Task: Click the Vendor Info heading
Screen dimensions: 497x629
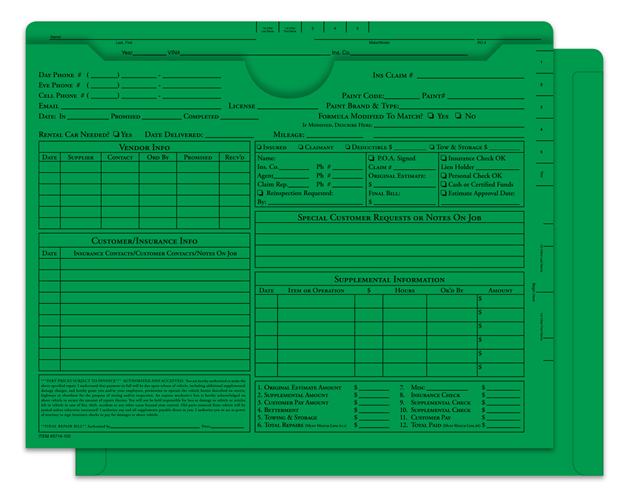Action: coord(144,147)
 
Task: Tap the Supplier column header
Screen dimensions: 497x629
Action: coord(80,158)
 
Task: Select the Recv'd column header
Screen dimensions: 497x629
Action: coord(234,158)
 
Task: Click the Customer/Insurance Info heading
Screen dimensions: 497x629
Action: coord(144,241)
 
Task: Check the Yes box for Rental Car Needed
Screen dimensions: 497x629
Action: coord(117,135)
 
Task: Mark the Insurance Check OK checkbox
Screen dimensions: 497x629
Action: coord(444,158)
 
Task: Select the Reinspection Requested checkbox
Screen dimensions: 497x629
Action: coord(260,193)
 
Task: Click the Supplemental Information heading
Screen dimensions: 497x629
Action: coord(389,280)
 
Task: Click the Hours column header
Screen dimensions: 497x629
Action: coord(405,290)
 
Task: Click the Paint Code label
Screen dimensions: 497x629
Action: coord(363,96)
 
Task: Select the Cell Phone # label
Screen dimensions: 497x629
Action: coord(60,95)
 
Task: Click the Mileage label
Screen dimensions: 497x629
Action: coord(289,135)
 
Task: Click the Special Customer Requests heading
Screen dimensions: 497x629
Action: coord(389,217)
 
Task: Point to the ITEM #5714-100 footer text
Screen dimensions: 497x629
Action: coord(55,437)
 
